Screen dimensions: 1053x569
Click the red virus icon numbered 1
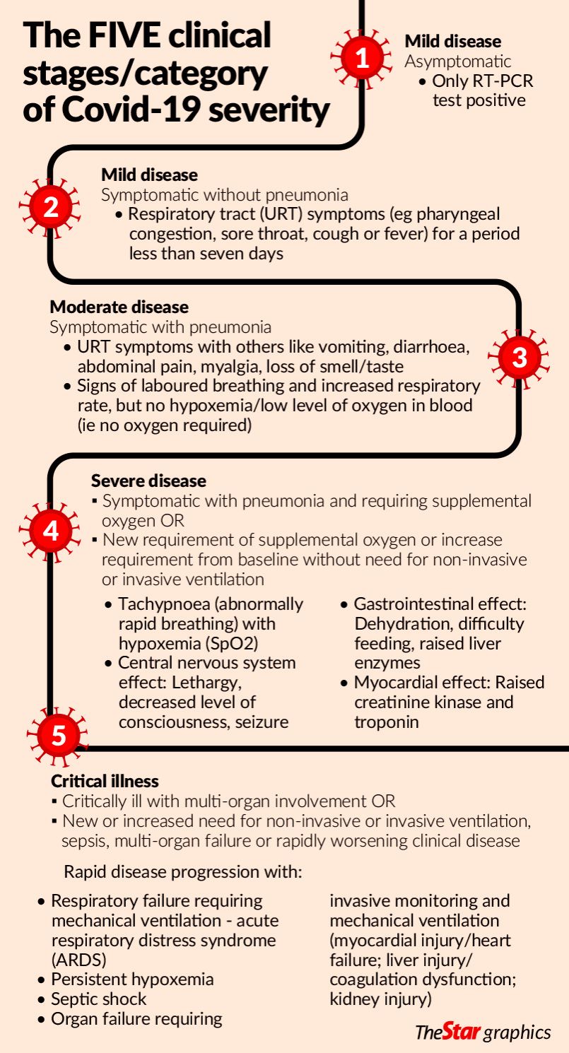click(x=362, y=59)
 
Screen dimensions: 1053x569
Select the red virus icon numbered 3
click(x=519, y=358)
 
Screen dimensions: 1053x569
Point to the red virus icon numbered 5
click(x=59, y=735)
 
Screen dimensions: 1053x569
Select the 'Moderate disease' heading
click(x=119, y=307)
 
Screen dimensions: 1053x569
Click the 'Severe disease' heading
click(x=148, y=481)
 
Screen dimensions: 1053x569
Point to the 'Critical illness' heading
click(x=105, y=781)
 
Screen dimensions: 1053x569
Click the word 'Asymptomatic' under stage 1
click(x=457, y=61)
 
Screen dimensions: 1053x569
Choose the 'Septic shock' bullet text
click(x=99, y=999)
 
